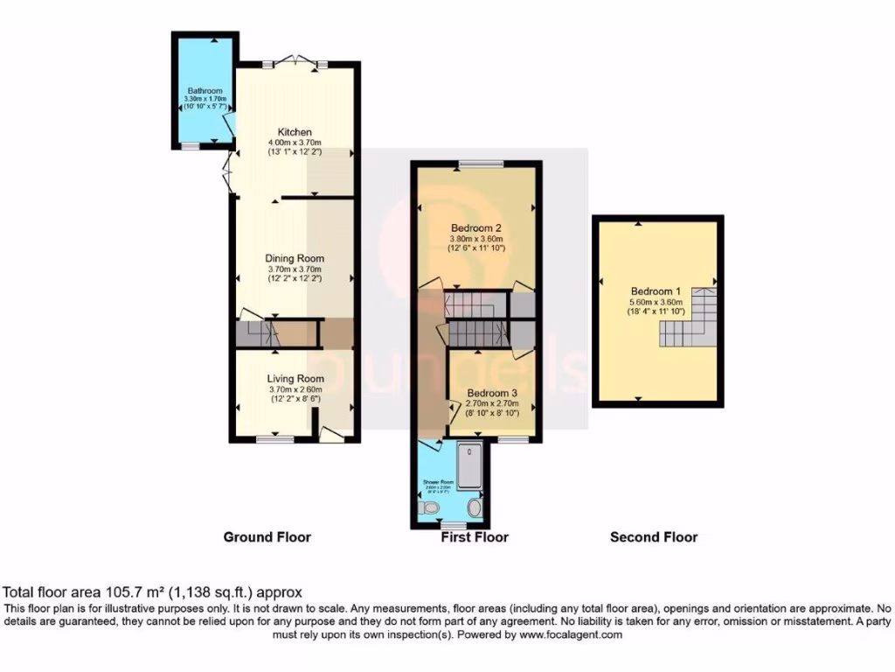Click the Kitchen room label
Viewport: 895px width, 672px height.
click(295, 132)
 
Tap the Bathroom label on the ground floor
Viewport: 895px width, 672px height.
click(205, 91)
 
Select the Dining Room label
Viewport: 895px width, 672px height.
click(295, 258)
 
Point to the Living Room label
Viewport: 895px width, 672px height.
click(295, 378)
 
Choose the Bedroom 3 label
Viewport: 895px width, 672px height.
click(492, 394)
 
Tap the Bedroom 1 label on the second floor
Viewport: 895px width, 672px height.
click(657, 291)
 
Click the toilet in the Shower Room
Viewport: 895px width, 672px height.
click(431, 507)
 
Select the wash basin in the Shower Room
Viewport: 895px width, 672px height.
click(475, 507)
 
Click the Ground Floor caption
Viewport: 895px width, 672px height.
click(267, 536)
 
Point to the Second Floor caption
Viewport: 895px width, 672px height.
click(654, 536)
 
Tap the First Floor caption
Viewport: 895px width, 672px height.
click(475, 536)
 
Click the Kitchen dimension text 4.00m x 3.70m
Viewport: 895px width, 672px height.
click(295, 143)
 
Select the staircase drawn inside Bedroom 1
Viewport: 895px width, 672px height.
click(685, 324)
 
